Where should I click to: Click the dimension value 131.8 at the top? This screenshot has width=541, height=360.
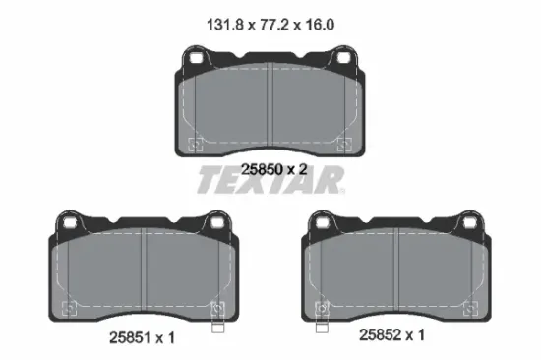[x=225, y=25]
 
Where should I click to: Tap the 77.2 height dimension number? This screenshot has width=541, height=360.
[x=273, y=25]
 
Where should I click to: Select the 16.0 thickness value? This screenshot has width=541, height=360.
[x=319, y=25]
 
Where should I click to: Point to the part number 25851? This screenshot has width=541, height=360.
[x=131, y=337]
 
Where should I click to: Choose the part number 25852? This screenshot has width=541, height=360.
[x=381, y=334]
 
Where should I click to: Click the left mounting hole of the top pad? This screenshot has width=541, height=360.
[x=197, y=58]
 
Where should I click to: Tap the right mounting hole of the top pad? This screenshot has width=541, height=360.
[x=343, y=58]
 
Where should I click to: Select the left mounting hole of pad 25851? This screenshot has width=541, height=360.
[x=70, y=222]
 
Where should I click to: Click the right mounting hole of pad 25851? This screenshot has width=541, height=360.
[x=217, y=222]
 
